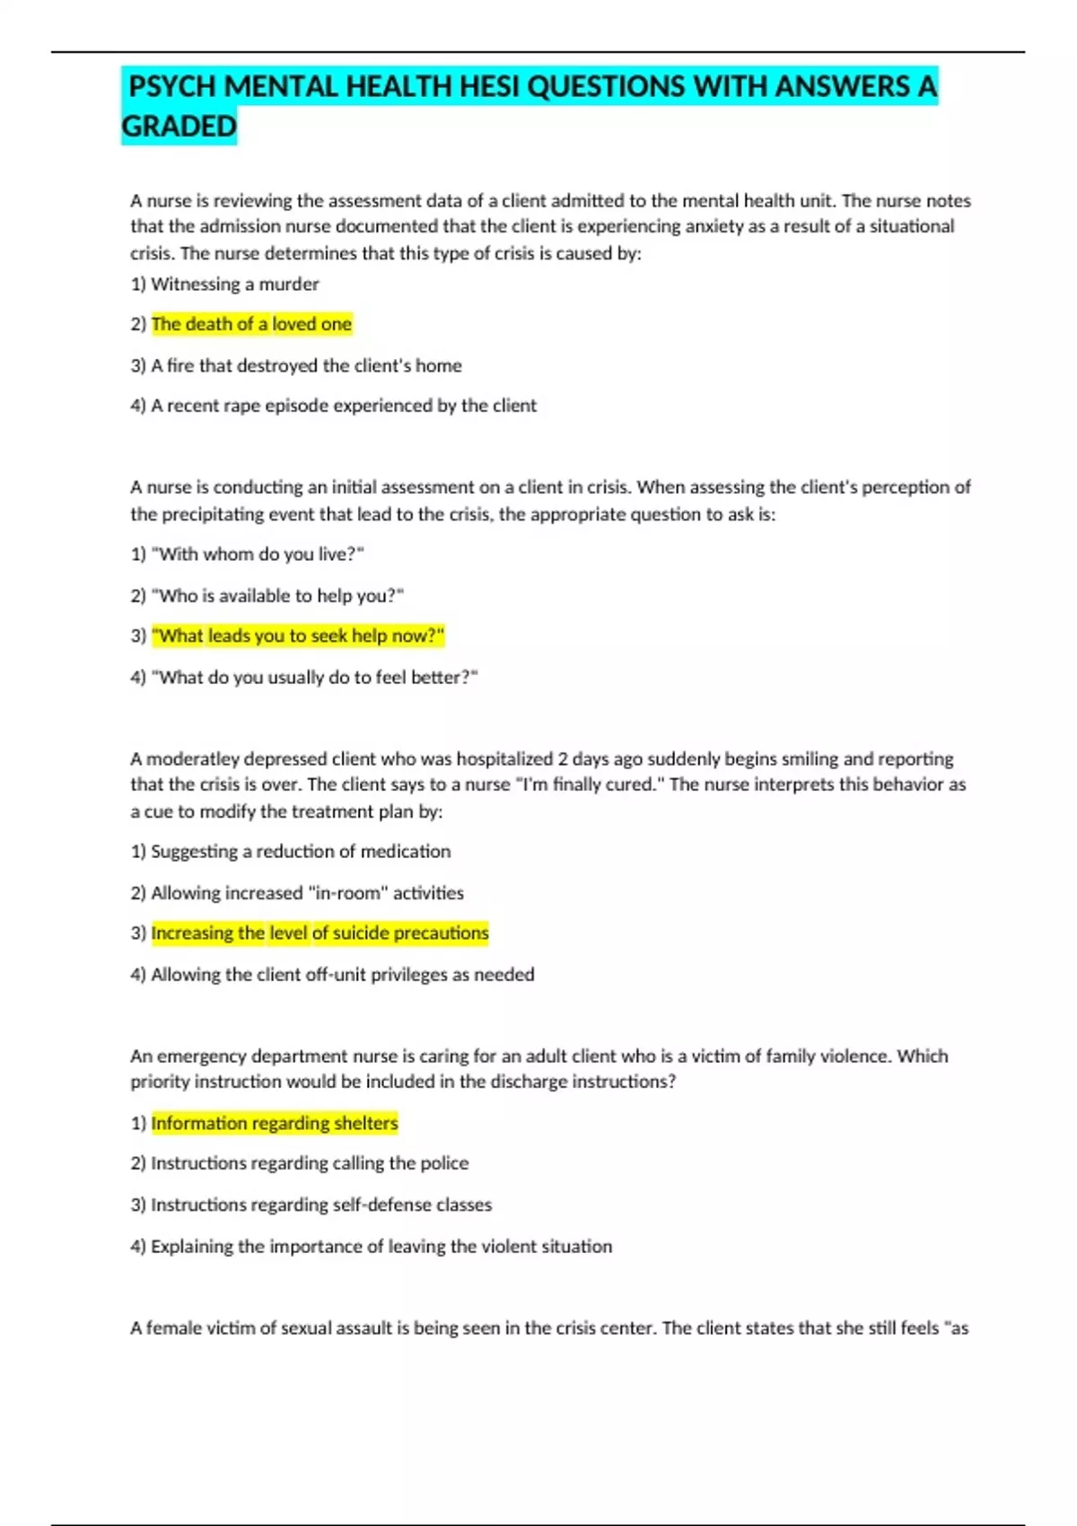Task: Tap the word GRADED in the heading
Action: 179,127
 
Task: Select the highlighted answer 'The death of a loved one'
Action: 251,324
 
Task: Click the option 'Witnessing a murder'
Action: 234,285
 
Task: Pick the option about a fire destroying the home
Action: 306,365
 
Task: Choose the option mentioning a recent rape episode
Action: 343,406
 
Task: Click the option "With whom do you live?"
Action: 258,555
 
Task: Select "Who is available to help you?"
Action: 277,595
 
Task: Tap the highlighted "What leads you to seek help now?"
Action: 298,636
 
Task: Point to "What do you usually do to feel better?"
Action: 314,677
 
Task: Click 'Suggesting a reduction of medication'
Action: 300,851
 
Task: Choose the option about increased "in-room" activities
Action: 307,893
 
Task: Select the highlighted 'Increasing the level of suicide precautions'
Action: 320,933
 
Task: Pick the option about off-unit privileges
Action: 342,974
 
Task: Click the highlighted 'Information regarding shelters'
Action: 275,1123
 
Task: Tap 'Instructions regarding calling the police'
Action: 310,1163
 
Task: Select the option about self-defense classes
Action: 321,1205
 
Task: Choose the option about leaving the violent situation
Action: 381,1246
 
